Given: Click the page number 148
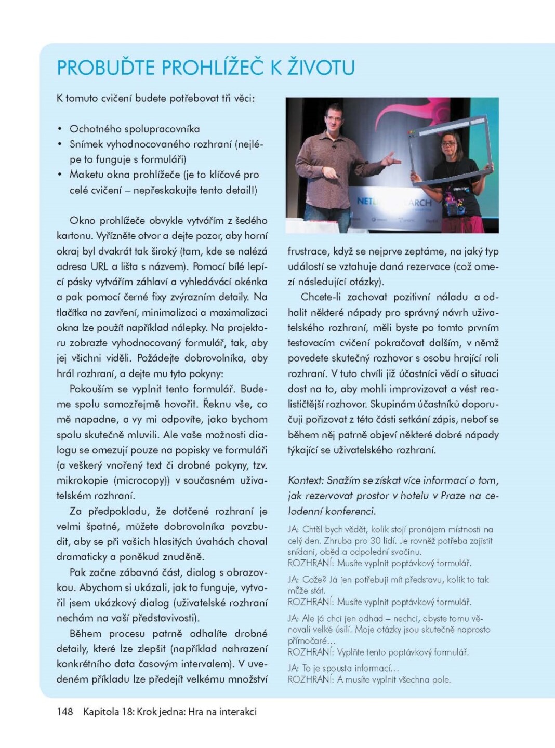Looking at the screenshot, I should [65, 712].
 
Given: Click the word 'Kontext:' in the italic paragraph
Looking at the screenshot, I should [306, 480].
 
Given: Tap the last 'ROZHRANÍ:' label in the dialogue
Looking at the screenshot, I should [310, 679].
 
